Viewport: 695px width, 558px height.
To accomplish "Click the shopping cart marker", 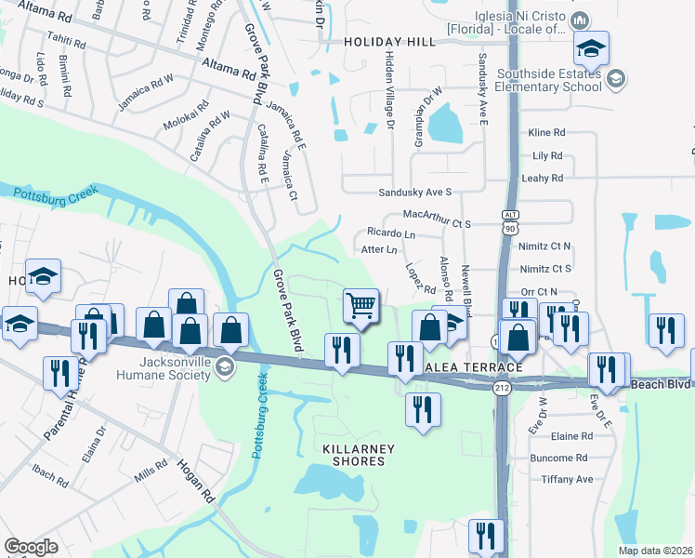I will pyautogui.click(x=360, y=305).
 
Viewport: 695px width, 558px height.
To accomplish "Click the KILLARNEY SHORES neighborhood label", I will pyautogui.click(x=358, y=455).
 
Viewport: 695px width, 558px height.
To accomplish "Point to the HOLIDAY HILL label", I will pyautogui.click(x=388, y=42).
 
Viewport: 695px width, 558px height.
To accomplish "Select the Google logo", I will pyautogui.click(x=31, y=547).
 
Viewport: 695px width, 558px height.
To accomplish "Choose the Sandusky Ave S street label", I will pyautogui.click(x=414, y=193).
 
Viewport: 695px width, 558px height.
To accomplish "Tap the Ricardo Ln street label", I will pyautogui.click(x=390, y=232).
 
